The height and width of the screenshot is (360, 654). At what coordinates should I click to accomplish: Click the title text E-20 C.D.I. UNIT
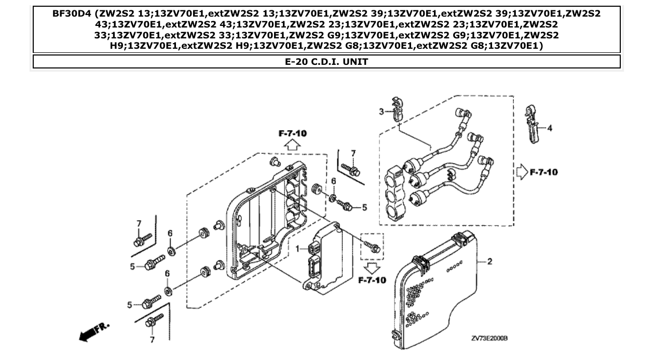point(326,62)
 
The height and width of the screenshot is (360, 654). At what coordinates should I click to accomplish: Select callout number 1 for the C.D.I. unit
point(298,249)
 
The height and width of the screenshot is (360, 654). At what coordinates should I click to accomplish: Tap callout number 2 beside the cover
point(489,261)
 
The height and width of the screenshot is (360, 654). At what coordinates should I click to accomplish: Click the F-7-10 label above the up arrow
point(292,133)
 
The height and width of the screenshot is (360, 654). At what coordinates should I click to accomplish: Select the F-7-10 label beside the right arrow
point(543,172)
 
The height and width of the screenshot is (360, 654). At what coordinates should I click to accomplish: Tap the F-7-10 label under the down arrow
point(372,281)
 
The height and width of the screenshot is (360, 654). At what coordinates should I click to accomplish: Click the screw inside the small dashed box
point(372,246)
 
